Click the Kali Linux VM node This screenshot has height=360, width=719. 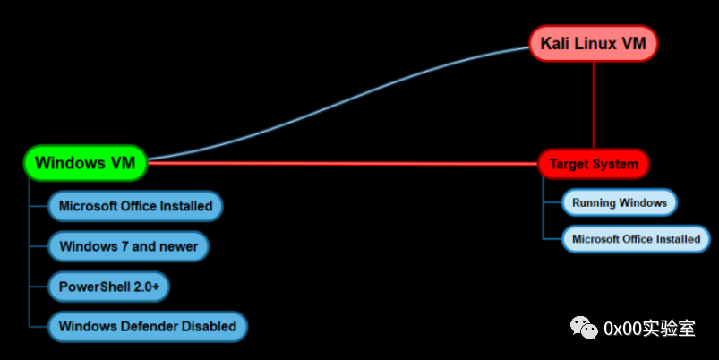click(x=593, y=43)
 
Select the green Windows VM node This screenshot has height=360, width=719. click(x=85, y=162)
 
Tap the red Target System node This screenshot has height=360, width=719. click(x=593, y=164)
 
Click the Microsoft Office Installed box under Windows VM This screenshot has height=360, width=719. click(x=135, y=206)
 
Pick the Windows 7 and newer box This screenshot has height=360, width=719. click(x=128, y=246)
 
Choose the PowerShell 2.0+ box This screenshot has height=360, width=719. click(x=108, y=287)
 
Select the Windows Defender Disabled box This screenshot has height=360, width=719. click(x=147, y=326)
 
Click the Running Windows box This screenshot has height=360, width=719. click(x=619, y=202)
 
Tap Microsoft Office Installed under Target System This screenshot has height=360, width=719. click(x=636, y=239)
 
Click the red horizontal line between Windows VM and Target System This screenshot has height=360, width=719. click(x=340, y=163)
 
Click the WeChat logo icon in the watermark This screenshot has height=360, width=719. click(x=586, y=328)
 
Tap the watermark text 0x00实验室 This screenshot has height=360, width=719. click(x=650, y=329)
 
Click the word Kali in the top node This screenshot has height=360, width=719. click(x=556, y=43)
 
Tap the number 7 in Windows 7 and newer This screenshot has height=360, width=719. click(x=123, y=246)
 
